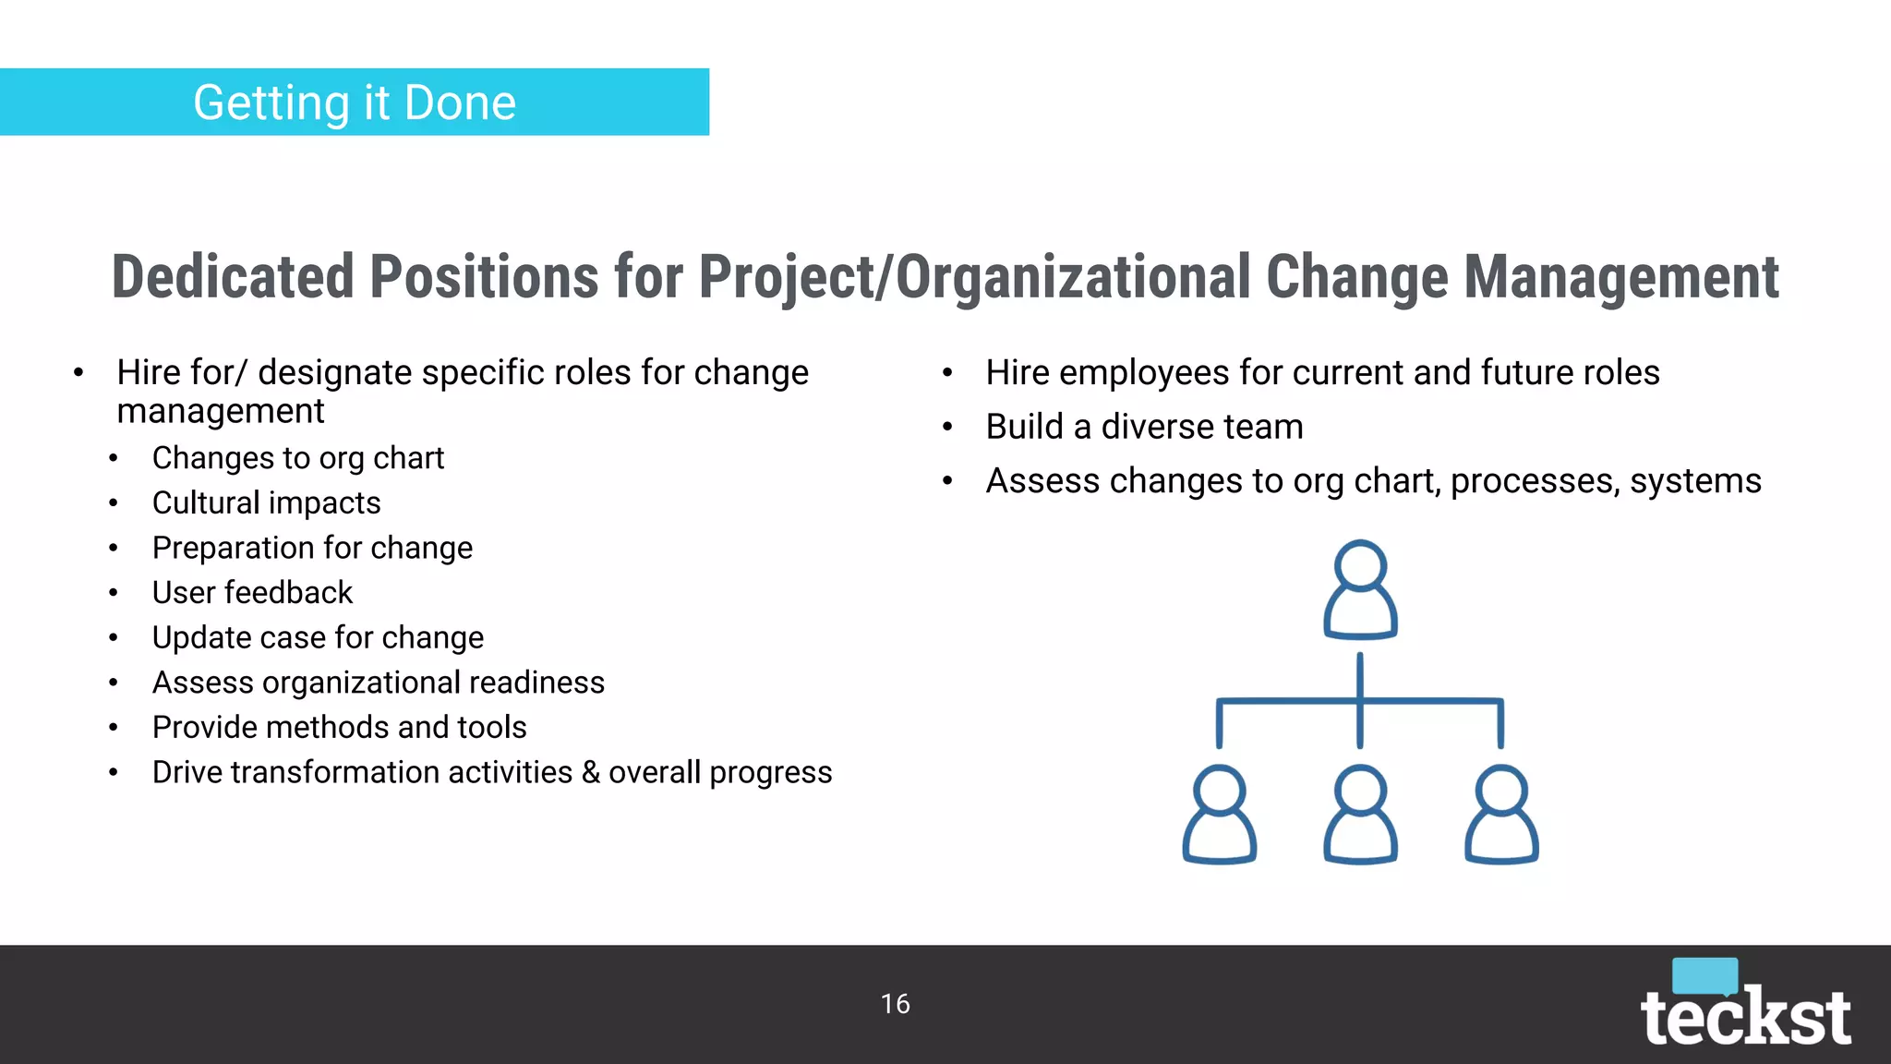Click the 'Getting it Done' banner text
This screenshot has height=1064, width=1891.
(x=355, y=103)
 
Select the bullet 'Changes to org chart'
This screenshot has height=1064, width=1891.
(x=297, y=458)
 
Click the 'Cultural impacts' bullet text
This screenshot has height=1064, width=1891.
(x=266, y=503)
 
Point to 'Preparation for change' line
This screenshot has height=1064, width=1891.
(x=312, y=548)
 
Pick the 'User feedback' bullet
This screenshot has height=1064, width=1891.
(x=252, y=593)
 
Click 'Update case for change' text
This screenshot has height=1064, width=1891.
(x=318, y=637)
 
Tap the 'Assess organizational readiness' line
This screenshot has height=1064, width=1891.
(x=378, y=683)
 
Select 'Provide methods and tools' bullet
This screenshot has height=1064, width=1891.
(x=339, y=728)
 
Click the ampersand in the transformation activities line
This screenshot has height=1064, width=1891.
(x=590, y=772)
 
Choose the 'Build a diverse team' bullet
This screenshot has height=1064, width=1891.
(x=1144, y=427)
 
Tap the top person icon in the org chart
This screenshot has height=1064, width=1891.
(x=1360, y=590)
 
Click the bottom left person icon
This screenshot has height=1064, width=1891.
(x=1219, y=815)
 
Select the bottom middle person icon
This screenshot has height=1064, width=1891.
(x=1360, y=815)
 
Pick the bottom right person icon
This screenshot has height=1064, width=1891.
(x=1501, y=815)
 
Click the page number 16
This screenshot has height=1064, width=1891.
(x=895, y=1004)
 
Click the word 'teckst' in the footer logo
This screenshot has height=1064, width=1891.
(x=1744, y=1018)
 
